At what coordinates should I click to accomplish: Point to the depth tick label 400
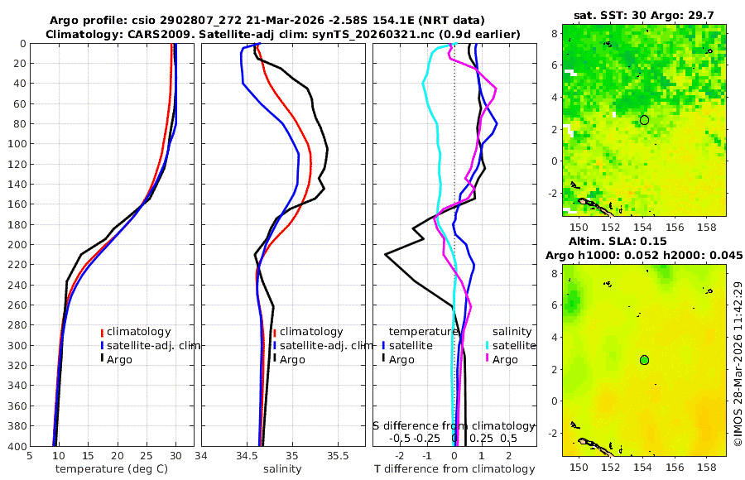(x=15, y=446)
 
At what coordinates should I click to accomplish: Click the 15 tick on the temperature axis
(x=88, y=454)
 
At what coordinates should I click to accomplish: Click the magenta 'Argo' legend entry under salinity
(x=504, y=359)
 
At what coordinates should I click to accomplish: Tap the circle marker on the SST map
(x=644, y=120)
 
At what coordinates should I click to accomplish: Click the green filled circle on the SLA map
(x=644, y=360)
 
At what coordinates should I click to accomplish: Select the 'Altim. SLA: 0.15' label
(x=644, y=240)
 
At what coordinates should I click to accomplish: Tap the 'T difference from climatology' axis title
(x=454, y=469)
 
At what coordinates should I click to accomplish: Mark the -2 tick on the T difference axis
(x=400, y=454)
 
